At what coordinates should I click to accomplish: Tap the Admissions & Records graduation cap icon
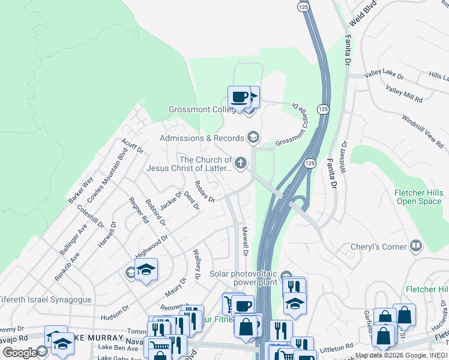click(253, 138)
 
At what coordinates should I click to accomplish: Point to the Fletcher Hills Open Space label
click(418, 197)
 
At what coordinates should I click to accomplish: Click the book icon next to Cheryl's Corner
click(415, 245)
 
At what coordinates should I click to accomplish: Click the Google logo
click(19, 352)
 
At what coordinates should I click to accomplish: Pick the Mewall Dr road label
click(245, 241)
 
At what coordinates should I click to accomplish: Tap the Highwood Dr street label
click(151, 244)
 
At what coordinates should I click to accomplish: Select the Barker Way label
click(80, 189)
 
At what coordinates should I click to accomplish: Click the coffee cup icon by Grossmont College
click(239, 97)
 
